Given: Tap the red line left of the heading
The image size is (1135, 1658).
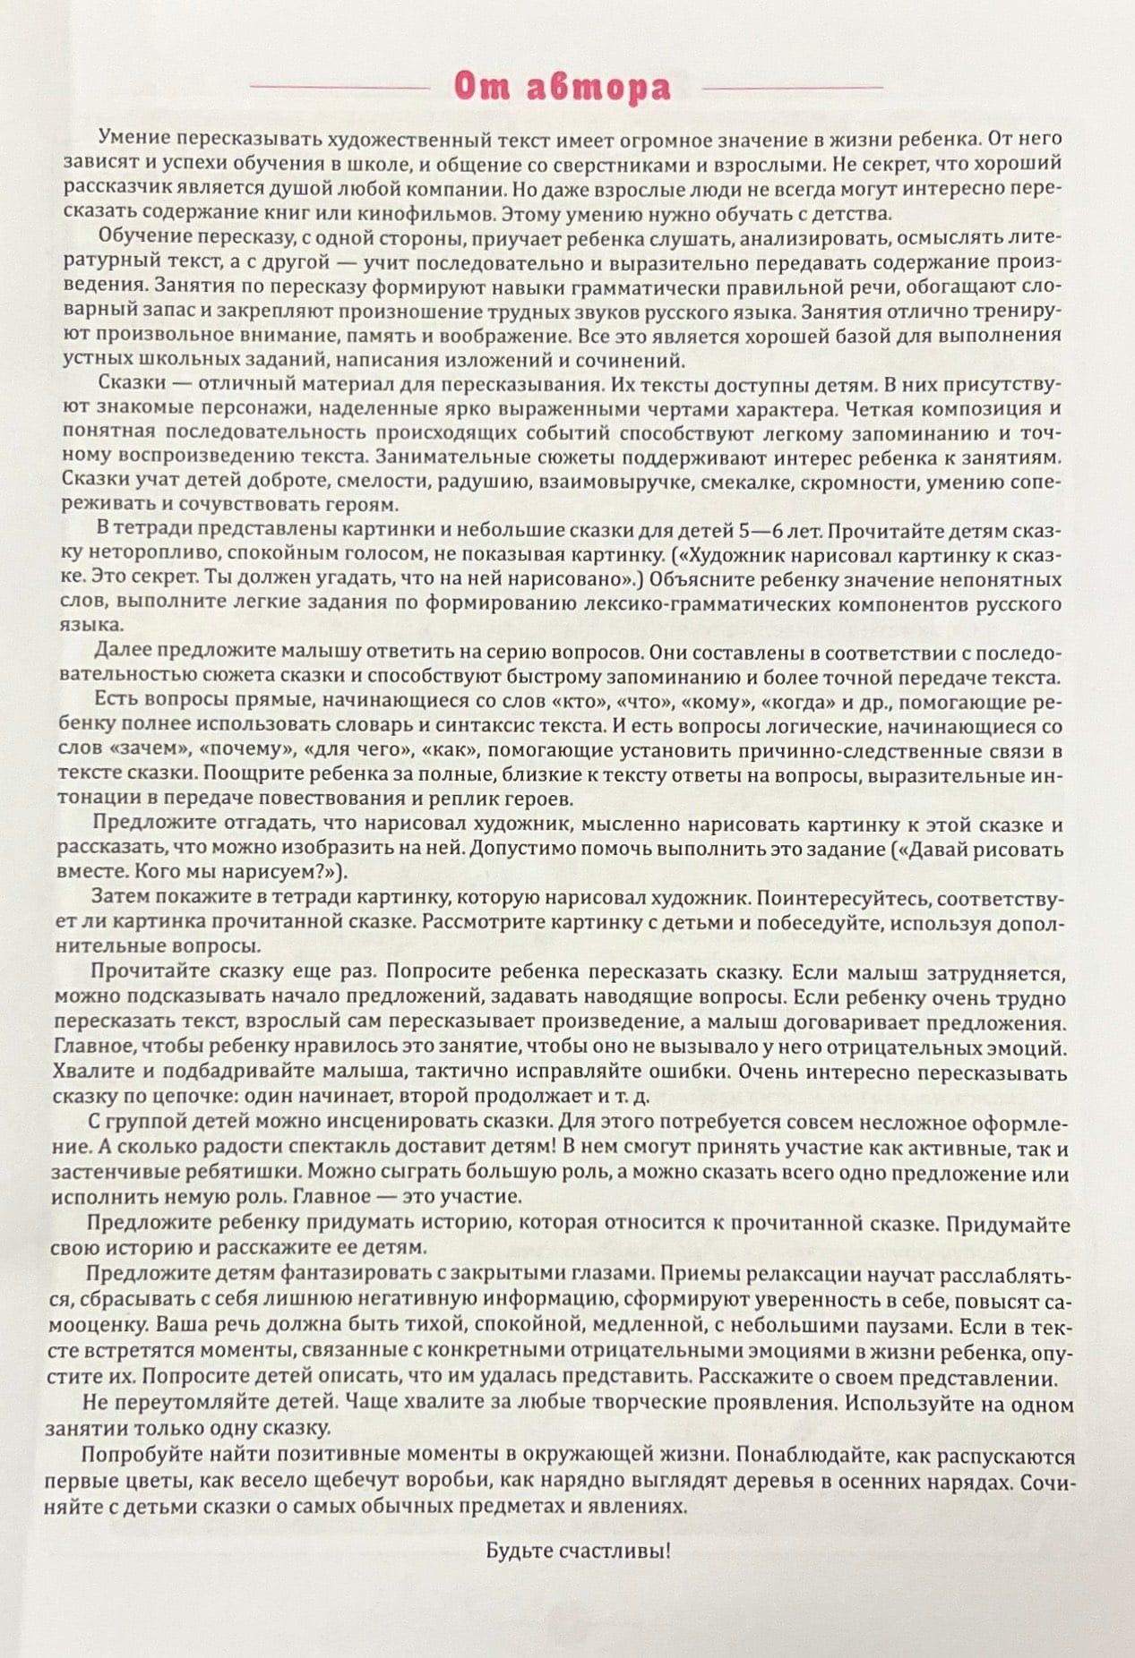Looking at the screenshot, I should coord(340,88).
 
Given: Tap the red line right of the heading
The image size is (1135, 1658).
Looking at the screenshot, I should coord(793,88).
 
